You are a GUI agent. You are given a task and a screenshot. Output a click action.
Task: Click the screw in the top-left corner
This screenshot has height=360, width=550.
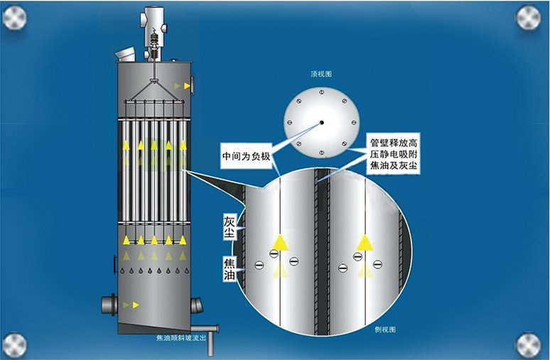coord(15,17)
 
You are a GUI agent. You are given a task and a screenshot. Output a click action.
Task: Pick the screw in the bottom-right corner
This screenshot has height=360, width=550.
coord(529,344)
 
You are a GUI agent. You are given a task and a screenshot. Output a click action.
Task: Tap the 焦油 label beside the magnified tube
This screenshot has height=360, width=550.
coord(229,265)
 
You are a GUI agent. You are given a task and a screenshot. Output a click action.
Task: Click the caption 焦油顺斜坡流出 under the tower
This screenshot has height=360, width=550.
coord(181,339)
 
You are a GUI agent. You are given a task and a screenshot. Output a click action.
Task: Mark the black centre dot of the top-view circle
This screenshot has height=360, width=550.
coord(321,123)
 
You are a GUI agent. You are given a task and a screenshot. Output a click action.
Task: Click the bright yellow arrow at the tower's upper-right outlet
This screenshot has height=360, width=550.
coord(188,86)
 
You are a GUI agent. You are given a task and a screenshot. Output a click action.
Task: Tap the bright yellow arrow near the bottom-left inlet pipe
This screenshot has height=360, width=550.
coord(135,305)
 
